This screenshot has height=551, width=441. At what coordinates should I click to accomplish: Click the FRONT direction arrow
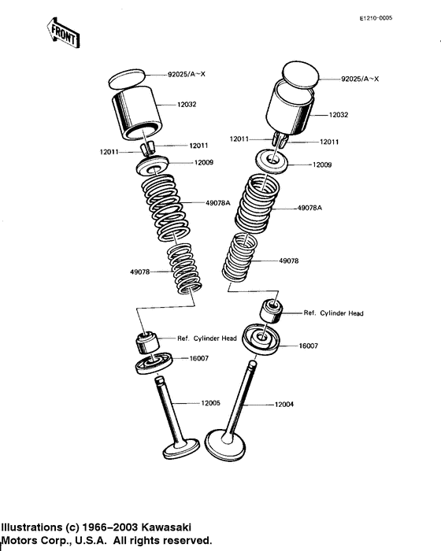pyautogui.click(x=63, y=33)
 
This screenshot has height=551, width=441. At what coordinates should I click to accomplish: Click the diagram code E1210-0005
pyautogui.click(x=376, y=18)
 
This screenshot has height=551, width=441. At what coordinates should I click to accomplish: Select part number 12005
pyautogui.click(x=210, y=403)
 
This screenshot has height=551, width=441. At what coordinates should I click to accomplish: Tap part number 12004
pyautogui.click(x=283, y=405)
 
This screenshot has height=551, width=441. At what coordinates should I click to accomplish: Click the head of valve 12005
pyautogui.click(x=181, y=449)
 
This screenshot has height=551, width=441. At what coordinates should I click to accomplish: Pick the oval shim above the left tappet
pyautogui.click(x=127, y=79)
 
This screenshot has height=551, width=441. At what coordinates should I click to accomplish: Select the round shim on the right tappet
pyautogui.click(x=301, y=75)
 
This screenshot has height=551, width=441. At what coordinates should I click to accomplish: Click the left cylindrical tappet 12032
pyautogui.click(x=137, y=113)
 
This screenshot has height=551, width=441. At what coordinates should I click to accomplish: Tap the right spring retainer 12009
pyautogui.click(x=272, y=161)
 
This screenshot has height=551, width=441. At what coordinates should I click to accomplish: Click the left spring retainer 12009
pyautogui.click(x=153, y=165)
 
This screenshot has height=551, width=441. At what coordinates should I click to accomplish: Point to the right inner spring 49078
pyautogui.click(x=239, y=257)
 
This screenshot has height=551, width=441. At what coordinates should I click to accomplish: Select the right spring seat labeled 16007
pyautogui.click(x=262, y=339)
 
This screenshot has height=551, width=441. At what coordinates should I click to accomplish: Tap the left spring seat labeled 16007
pyautogui.click(x=154, y=364)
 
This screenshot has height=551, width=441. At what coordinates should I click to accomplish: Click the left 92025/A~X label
pyautogui.click(x=187, y=74)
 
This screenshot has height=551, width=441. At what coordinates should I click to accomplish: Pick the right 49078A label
pyautogui.click(x=309, y=208)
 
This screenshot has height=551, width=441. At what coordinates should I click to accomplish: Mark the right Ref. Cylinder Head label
pyautogui.click(x=333, y=313)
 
